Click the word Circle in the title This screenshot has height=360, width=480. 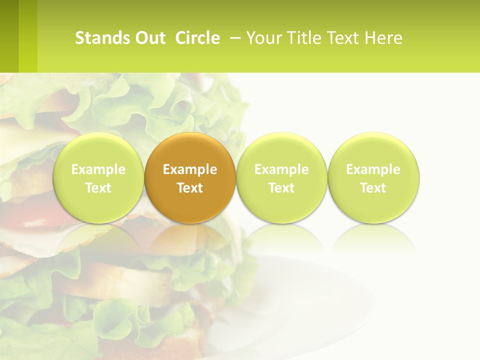click(x=197, y=38)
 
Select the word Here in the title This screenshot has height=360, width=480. click(x=384, y=38)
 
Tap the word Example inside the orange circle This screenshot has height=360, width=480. click(x=190, y=169)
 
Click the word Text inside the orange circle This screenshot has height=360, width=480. click(x=190, y=188)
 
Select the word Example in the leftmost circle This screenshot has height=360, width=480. click(x=98, y=169)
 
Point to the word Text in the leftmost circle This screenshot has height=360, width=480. click(x=98, y=188)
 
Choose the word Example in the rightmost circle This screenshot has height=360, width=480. click(x=373, y=169)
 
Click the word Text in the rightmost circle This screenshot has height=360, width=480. click(x=373, y=188)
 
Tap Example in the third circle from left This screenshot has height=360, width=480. click(x=281, y=169)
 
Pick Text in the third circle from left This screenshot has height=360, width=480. click(x=281, y=188)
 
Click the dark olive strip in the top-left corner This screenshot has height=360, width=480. click(x=9, y=36)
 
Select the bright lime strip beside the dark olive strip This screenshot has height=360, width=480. click(x=28, y=36)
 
